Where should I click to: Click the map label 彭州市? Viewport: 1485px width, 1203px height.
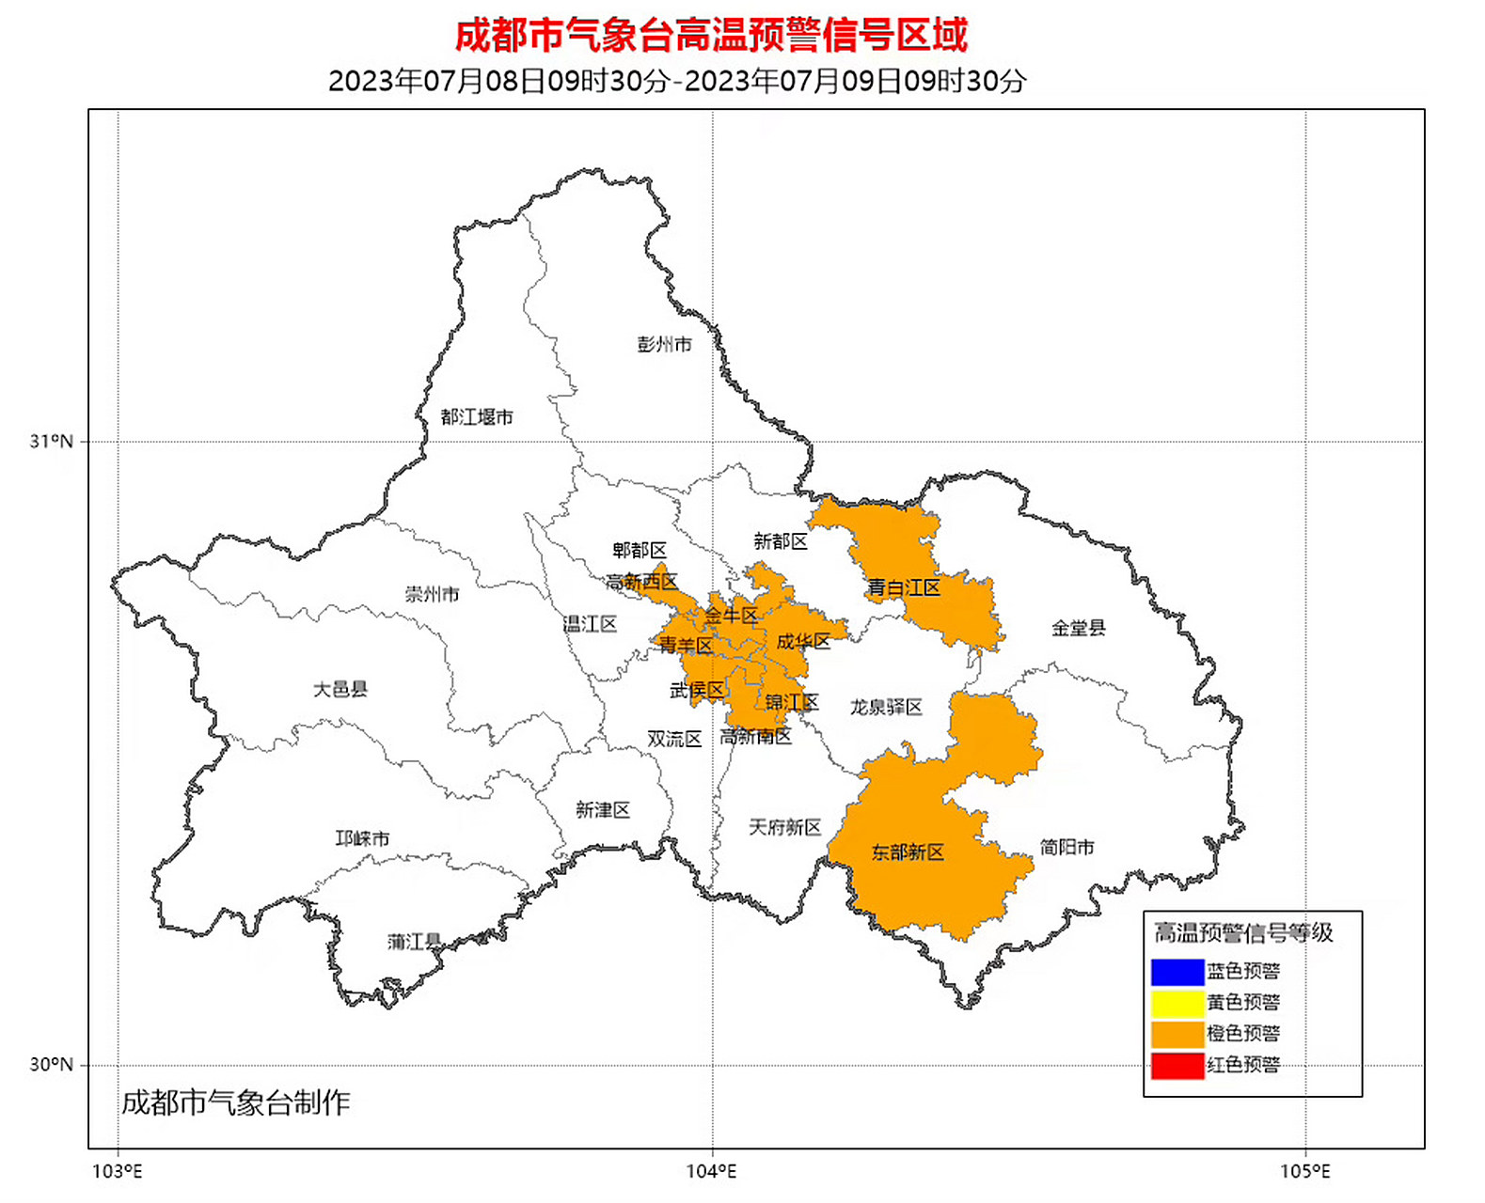pos(664,344)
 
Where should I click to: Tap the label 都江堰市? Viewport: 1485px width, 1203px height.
pos(477,416)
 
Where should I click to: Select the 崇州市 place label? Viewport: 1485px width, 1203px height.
pos(432,594)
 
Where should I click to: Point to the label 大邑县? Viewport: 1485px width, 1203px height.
pos(340,689)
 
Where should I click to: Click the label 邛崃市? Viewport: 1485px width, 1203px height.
pos(362,837)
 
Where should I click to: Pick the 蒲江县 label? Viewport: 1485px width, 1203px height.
pos(414,941)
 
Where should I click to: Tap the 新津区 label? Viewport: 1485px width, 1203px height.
pos(603,809)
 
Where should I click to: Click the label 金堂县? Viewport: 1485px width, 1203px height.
pos(1078,628)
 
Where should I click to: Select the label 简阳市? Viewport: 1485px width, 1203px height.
pos(1066,847)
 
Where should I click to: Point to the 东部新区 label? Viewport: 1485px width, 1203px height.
pos(908,852)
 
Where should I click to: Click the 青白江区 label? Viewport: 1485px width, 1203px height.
pos(904,588)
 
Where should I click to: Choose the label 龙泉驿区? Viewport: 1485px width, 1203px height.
pos(886,707)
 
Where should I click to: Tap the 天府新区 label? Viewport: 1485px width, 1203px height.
pos(785,827)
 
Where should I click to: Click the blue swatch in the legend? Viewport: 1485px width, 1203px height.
pos(1177,971)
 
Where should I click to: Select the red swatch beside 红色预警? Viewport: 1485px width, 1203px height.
pos(1177,1065)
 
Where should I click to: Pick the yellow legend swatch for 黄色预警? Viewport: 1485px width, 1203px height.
pos(1177,1002)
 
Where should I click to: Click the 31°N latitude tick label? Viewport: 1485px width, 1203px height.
pos(51,441)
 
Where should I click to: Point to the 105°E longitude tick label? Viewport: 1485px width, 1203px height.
pos(1304,1171)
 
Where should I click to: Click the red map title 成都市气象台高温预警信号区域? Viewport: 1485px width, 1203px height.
pos(711,36)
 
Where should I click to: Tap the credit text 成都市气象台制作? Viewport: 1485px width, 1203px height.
pos(236,1102)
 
